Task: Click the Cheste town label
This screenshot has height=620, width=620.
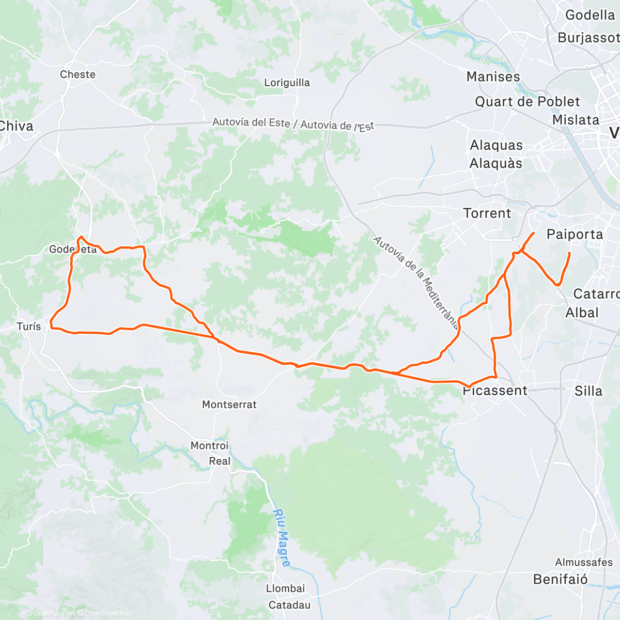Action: click(x=78, y=74)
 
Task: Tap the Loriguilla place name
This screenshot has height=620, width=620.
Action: click(x=287, y=83)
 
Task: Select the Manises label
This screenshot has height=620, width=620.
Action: click(x=493, y=77)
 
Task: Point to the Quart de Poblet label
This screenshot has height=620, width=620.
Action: click(x=527, y=102)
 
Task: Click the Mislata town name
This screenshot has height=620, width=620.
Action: click(x=576, y=120)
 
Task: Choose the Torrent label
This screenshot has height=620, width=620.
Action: click(x=487, y=213)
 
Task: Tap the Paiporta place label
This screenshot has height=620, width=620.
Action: click(x=575, y=235)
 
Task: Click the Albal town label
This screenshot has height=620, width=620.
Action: click(x=582, y=313)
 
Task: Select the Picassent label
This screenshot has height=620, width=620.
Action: click(x=495, y=391)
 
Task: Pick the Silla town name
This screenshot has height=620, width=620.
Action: click(x=588, y=391)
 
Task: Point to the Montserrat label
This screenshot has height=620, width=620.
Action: click(x=229, y=405)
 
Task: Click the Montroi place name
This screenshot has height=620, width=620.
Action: click(x=209, y=445)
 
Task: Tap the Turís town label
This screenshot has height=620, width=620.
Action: click(x=28, y=327)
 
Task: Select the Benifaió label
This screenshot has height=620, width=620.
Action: click(x=560, y=579)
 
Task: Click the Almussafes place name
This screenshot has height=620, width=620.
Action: click(x=583, y=562)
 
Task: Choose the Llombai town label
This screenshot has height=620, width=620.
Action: click(x=285, y=588)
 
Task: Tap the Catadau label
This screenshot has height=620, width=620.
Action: click(x=289, y=605)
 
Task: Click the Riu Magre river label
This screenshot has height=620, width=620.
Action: click(x=282, y=537)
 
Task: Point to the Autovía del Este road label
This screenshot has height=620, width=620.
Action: click(x=252, y=122)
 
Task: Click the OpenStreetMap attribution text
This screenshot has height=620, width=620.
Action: click(x=108, y=613)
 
